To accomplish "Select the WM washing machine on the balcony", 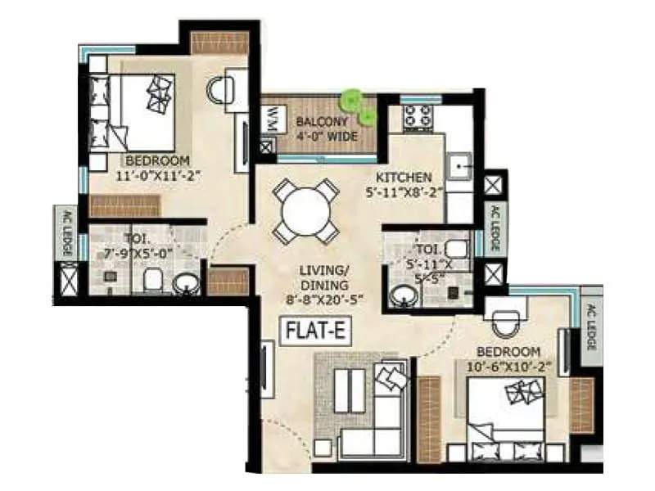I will point(269,122).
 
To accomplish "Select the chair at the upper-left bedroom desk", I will point(219,89).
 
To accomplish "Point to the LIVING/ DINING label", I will point(323,277).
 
